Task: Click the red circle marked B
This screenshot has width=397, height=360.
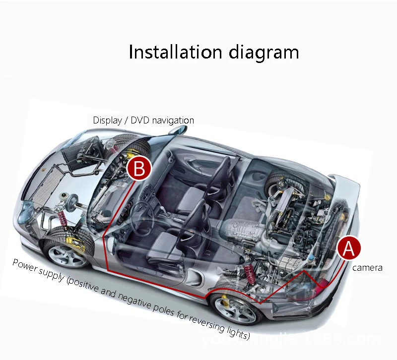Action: pos(139,169)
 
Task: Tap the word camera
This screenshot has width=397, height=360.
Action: pos(367,268)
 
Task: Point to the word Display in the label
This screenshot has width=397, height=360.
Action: pos(107,120)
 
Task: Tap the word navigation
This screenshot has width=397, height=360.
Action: pos(173,120)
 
